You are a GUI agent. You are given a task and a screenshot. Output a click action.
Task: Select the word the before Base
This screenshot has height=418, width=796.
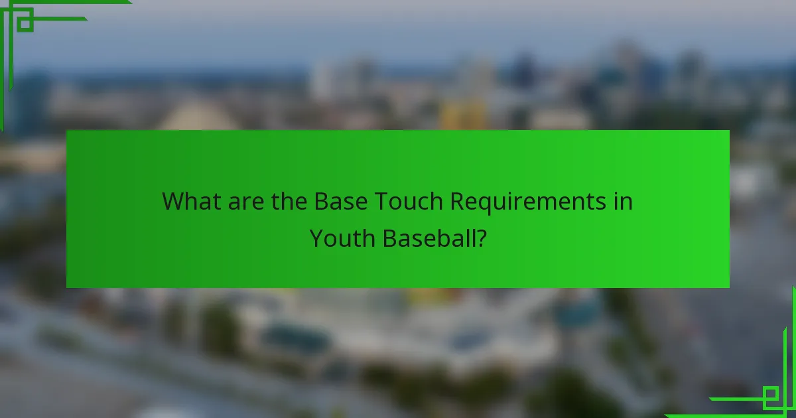[288, 201]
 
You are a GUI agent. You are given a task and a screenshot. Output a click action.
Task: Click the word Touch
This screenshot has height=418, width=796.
[405, 201]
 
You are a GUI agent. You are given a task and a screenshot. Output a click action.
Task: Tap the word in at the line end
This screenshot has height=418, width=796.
[623, 201]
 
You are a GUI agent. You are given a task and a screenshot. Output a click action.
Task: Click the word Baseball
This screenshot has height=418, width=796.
[429, 238]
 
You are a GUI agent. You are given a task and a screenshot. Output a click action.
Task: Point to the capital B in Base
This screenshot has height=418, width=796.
[321, 201]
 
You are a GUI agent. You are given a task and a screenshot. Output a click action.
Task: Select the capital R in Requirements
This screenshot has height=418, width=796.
[458, 201]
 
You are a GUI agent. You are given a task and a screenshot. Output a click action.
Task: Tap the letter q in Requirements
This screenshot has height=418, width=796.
[487, 204]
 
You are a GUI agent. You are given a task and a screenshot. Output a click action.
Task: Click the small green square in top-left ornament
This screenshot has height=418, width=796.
[25, 23]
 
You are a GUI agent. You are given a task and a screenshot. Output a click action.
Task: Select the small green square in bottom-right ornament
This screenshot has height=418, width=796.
[770, 396]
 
